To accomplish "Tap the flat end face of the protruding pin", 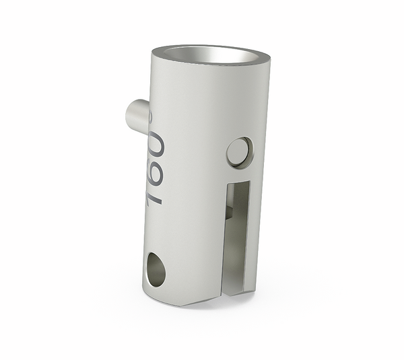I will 132,115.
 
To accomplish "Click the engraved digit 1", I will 155,195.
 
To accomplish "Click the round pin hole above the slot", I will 239,152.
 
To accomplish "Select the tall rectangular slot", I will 237,236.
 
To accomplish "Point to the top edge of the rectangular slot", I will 238,182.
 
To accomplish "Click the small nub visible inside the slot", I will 229,211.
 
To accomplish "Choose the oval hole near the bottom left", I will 155,269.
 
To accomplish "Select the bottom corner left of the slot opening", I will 221,296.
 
